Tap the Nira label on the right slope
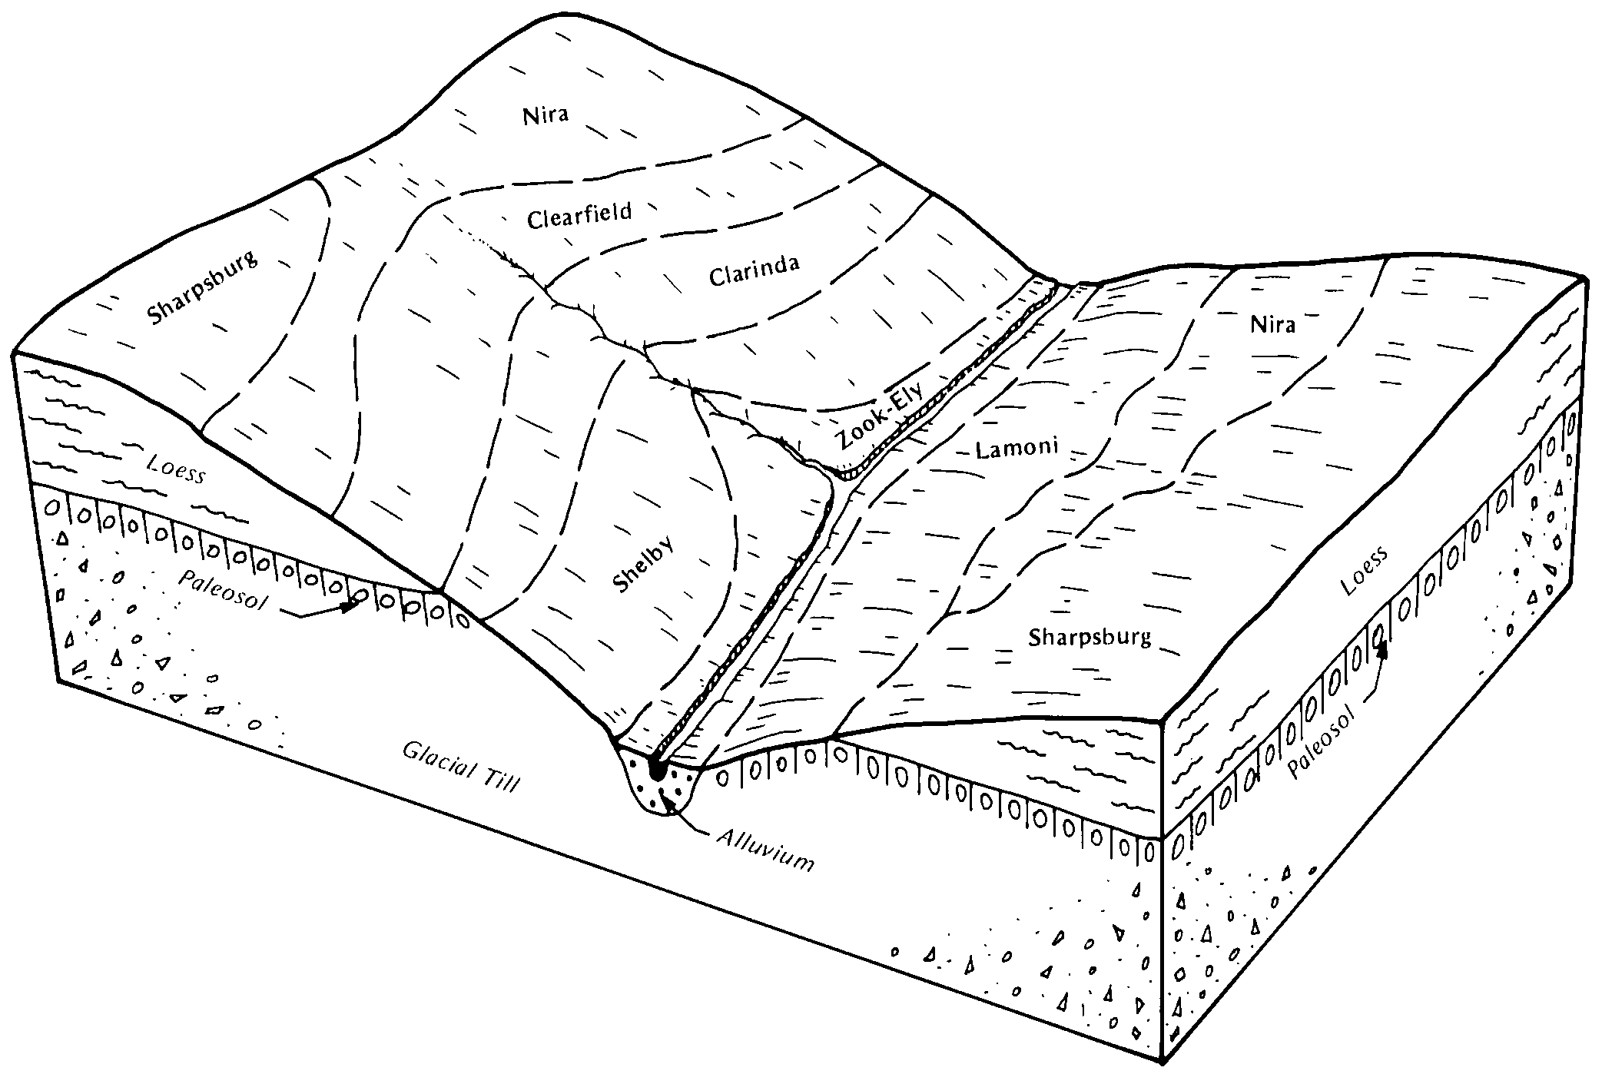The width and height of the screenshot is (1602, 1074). pyautogui.click(x=1272, y=324)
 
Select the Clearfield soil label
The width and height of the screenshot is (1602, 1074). pyautogui.click(x=579, y=215)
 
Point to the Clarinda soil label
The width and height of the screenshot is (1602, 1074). pyautogui.click(x=754, y=270)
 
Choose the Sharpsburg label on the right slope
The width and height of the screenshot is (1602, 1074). pyautogui.click(x=1090, y=637)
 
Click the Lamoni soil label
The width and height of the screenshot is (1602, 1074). pyautogui.click(x=1017, y=447)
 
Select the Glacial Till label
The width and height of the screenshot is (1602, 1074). pyautogui.click(x=461, y=767)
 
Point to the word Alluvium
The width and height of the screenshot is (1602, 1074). pyautogui.click(x=765, y=850)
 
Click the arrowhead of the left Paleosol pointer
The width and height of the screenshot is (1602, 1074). pyautogui.click(x=352, y=605)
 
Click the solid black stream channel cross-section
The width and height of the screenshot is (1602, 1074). pyautogui.click(x=657, y=768)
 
